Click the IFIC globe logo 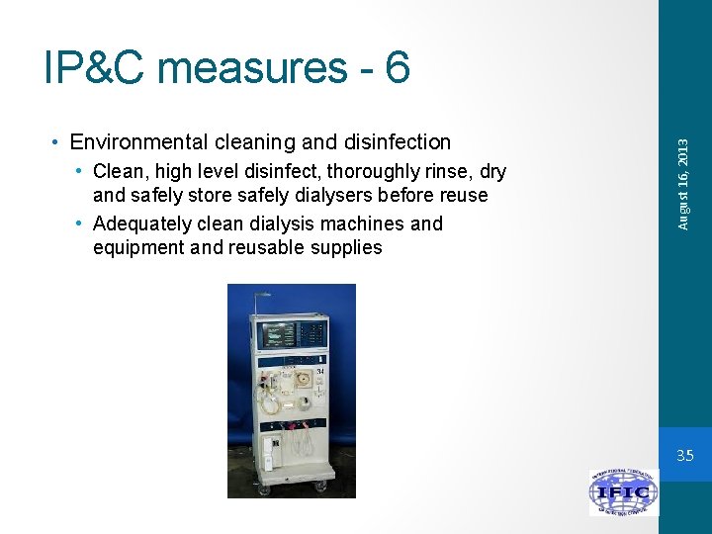(623, 492)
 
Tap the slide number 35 (684, 456)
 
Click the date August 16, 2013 (682, 186)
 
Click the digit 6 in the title (397, 68)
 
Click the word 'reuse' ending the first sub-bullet (463, 196)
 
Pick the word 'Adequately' (145, 223)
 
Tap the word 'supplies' (345, 247)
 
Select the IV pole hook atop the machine (261, 294)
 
